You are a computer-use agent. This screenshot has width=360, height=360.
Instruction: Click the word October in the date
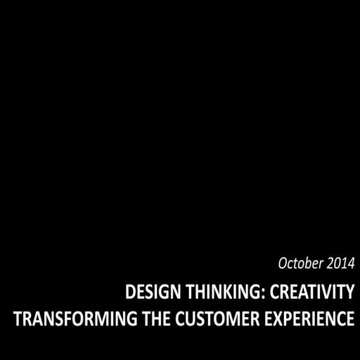pos(301,264)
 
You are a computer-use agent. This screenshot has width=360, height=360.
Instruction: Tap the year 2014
pos(341,264)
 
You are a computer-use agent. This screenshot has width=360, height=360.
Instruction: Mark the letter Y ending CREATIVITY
pos(349,291)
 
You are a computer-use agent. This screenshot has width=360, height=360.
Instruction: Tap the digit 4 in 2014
pos(352,264)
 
